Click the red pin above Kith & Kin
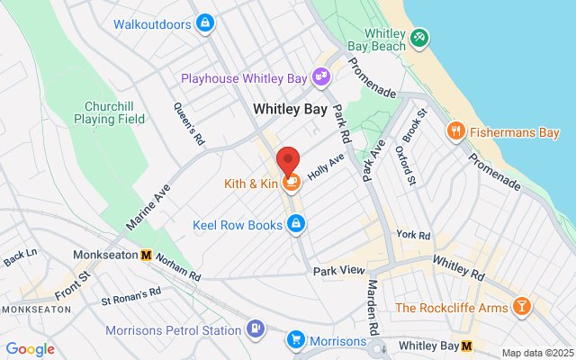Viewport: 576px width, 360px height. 288,160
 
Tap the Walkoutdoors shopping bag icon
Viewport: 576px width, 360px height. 205,22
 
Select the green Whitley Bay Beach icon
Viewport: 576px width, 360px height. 418,37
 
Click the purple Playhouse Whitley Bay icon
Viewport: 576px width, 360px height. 320,78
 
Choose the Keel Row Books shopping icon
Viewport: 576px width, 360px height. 295,225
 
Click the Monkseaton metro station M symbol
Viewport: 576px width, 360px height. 146,256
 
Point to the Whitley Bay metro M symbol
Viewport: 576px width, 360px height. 466,346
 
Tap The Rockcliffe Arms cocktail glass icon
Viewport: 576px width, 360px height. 520,308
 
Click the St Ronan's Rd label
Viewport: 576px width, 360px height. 130,293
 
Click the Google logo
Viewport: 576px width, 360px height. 30,349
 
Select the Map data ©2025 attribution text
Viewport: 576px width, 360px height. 536,353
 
